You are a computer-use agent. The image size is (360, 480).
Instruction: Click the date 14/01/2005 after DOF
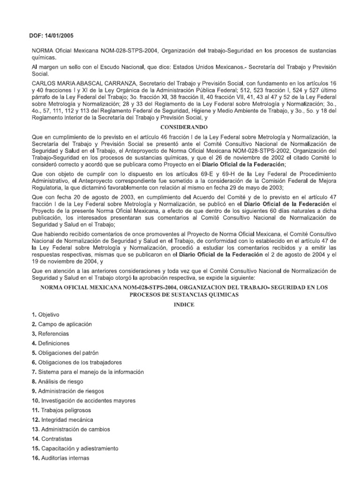(x=58, y=35)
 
